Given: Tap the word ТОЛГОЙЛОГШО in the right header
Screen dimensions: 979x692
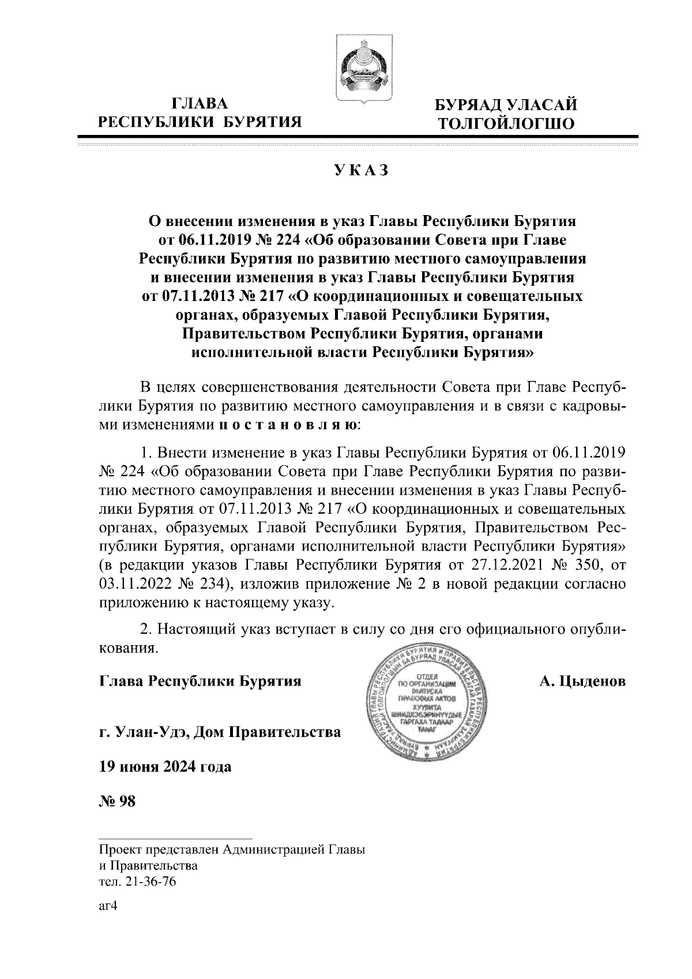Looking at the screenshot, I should [506, 123].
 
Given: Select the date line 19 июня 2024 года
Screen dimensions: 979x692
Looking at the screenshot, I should [166, 767].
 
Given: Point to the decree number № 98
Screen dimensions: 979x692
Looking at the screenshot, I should [118, 801].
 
